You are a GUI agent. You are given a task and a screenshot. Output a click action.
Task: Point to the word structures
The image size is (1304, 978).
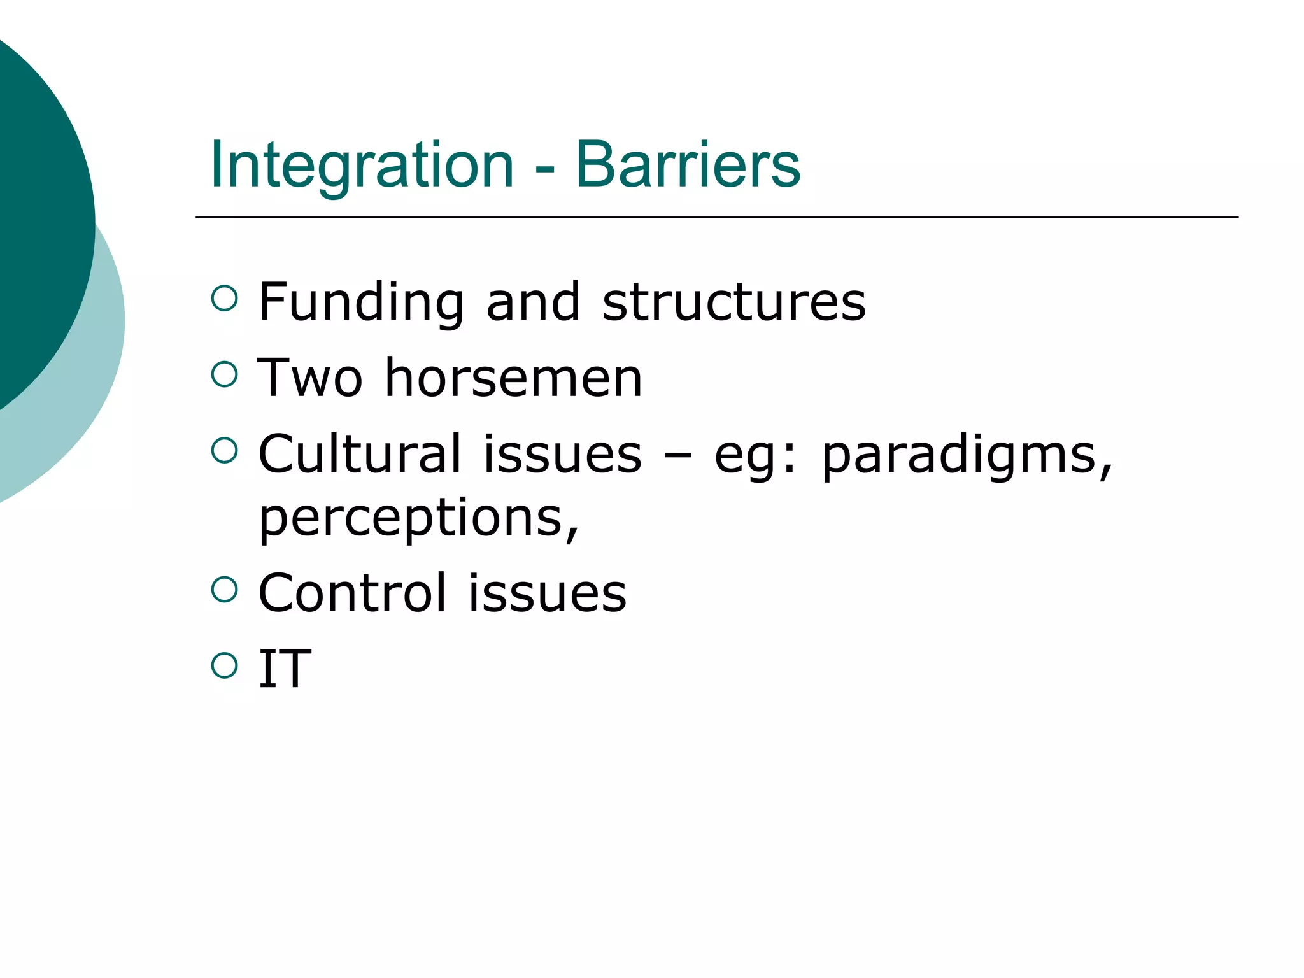coord(734,302)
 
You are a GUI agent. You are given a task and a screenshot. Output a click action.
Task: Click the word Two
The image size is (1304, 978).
coord(310,378)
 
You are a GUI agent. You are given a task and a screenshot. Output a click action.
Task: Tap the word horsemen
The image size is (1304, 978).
coord(514,378)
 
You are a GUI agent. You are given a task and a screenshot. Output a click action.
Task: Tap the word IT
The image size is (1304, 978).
coord(285,669)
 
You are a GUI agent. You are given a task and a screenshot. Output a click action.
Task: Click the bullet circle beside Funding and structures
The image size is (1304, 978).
coord(224,298)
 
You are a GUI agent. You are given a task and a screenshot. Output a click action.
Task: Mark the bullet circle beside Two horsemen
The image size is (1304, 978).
coord(224,374)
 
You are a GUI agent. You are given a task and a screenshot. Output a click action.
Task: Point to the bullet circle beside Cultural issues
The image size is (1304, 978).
coord(224,450)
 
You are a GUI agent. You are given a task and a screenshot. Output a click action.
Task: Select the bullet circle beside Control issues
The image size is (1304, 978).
coord(224,589)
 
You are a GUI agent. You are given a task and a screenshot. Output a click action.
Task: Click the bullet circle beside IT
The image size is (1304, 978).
coord(224,665)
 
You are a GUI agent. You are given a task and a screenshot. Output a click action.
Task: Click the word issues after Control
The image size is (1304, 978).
coord(548,593)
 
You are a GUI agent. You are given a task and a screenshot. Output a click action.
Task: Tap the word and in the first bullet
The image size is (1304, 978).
coord(534,302)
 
